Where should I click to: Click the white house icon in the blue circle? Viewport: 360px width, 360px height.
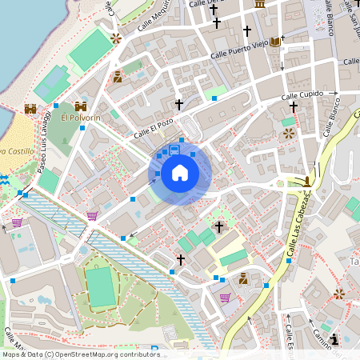[x=180, y=172]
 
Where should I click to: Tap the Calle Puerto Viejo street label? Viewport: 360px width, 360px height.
[x=239, y=50]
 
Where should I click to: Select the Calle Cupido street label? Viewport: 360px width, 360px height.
[x=301, y=95]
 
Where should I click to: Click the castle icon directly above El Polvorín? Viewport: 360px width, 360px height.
[x=81, y=106]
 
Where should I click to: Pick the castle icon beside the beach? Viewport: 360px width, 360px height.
[x=30, y=108]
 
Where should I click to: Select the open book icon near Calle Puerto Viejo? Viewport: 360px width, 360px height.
[x=276, y=41]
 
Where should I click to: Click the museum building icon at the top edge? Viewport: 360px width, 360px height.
[x=260, y=4]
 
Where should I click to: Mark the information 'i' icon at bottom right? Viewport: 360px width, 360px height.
[x=334, y=339]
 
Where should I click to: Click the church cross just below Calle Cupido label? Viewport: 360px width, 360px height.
[x=294, y=106]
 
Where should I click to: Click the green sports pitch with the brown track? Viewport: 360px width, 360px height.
[x=101, y=286]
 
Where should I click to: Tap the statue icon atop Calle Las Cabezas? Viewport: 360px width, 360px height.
[x=307, y=181]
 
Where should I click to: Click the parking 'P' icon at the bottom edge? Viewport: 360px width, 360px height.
[x=152, y=352]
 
